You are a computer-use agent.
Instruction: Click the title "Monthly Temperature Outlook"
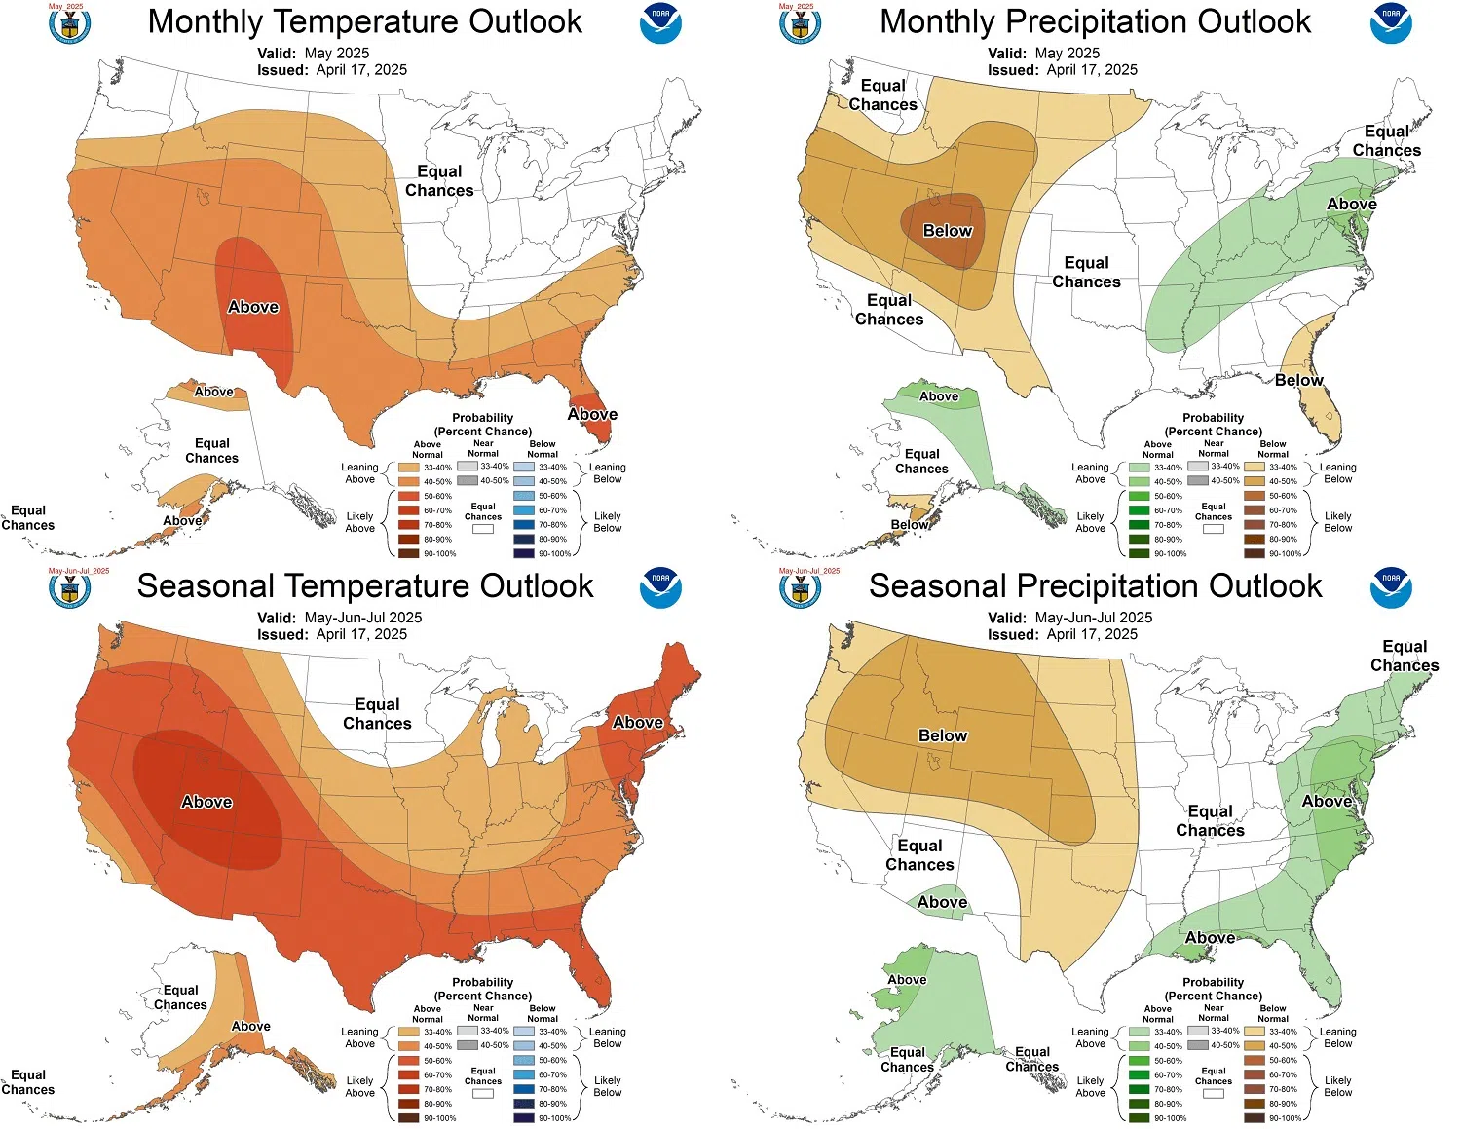click(364, 22)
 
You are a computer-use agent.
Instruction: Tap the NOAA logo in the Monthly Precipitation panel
click(1391, 23)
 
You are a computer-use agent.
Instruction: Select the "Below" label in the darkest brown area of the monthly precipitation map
click(947, 231)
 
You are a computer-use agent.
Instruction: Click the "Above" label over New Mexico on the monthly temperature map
click(253, 307)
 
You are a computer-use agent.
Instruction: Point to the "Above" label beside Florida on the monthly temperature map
click(592, 414)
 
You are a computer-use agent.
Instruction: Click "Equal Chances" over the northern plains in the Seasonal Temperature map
click(377, 714)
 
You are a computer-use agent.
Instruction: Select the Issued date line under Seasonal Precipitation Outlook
click(1063, 634)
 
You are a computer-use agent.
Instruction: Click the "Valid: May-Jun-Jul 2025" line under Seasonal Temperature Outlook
click(339, 618)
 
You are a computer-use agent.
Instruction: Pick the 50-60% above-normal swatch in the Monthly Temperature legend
click(408, 496)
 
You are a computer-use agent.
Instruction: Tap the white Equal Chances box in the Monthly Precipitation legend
click(1213, 529)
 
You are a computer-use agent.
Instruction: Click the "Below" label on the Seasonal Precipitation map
click(943, 735)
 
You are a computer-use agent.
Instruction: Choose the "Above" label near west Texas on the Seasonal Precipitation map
click(942, 902)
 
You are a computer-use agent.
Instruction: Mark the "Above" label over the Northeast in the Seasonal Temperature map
click(638, 722)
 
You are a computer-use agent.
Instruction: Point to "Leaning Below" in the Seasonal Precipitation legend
click(1337, 1037)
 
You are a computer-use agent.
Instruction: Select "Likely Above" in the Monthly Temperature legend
click(359, 522)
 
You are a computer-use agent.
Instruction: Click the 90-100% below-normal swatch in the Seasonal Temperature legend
click(524, 1118)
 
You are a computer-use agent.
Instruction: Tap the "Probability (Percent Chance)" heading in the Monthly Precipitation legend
click(1213, 424)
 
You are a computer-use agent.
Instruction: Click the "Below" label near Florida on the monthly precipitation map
click(1298, 380)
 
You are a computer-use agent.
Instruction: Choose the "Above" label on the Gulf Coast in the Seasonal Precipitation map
click(1210, 937)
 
